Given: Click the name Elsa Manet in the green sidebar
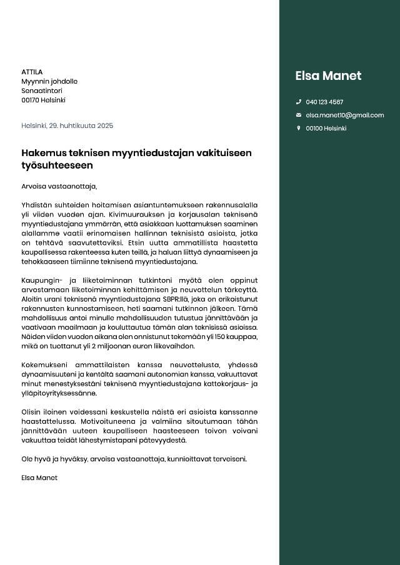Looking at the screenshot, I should coord(328,76).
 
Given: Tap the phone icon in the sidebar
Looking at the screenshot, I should coord(298,102).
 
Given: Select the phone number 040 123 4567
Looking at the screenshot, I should coord(324,102).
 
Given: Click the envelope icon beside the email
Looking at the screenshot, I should coord(298,115).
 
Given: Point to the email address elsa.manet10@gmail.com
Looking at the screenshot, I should coord(344,115).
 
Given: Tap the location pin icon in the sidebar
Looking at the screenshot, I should coord(298,129).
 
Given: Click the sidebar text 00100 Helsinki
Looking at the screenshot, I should coord(326,129).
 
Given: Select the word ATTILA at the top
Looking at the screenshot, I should coord(32,72).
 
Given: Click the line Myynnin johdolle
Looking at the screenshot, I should coord(49,81).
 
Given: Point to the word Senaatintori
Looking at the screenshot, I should coord(42,91).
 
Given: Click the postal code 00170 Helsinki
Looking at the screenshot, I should coord(43,100).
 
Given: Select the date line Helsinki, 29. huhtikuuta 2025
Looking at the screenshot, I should coord(67,125).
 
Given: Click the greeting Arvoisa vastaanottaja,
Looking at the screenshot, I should coord(59,186).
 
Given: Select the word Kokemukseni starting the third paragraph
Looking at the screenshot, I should coord(44,365).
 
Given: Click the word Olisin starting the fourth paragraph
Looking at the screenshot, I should coord(31,412).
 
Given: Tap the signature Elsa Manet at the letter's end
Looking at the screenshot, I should coord(39,478).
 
